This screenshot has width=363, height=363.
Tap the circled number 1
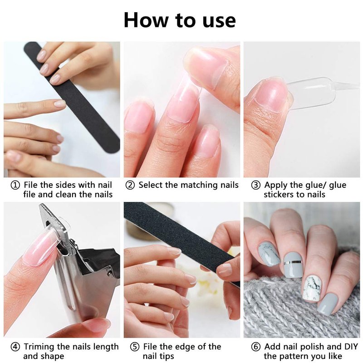coord(15,185)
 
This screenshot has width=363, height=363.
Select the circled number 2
coord(130,185)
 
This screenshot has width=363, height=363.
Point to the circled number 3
coord(256,185)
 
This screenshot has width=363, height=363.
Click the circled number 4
coord(15,347)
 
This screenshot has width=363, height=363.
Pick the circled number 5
coord(135,347)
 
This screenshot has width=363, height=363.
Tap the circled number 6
coord(256,347)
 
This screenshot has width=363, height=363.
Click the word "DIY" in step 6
coord(351,347)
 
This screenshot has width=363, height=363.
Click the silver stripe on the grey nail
coord(293,262)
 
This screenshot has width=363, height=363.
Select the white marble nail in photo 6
coord(312,289)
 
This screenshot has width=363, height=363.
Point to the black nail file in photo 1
coord(72,97)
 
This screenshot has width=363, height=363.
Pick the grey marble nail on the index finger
coord(269,254)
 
